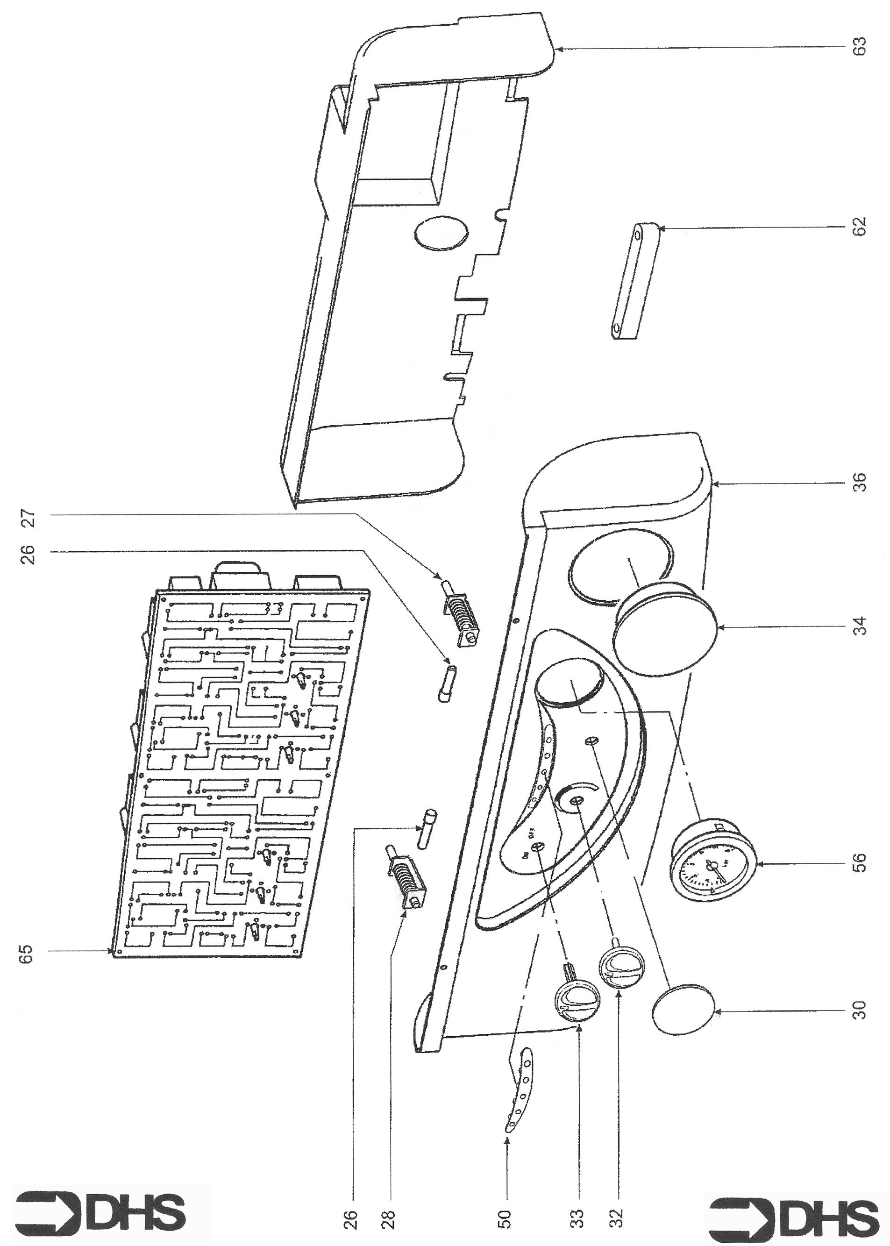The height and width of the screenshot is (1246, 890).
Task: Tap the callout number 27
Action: (x=28, y=518)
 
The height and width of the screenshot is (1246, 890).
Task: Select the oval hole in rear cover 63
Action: (x=441, y=235)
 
